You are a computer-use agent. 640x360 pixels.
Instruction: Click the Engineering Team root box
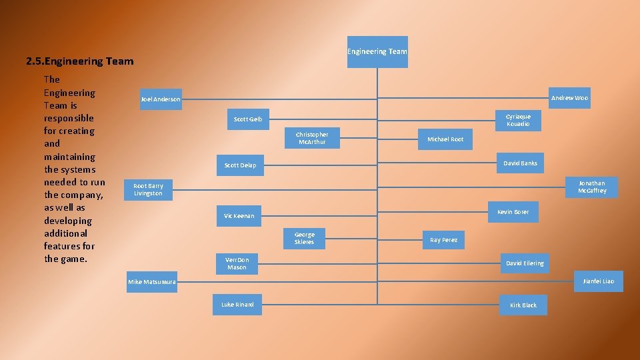click(x=377, y=52)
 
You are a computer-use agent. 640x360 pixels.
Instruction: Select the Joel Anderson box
click(x=161, y=99)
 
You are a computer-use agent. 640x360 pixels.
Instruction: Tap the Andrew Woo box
click(x=569, y=98)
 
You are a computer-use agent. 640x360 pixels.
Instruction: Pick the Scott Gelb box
click(x=248, y=119)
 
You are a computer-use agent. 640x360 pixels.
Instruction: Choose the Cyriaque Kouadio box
click(x=518, y=120)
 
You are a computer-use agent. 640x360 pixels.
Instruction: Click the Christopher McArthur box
click(x=312, y=138)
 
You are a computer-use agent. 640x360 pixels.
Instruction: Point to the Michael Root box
click(x=445, y=139)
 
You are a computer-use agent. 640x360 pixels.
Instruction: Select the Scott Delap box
click(x=240, y=165)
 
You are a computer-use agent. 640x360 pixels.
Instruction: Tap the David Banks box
click(x=520, y=163)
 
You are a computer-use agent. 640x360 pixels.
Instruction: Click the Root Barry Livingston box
click(x=148, y=189)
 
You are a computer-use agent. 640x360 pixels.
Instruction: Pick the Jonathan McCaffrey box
click(x=592, y=187)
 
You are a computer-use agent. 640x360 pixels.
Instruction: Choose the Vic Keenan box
click(x=239, y=216)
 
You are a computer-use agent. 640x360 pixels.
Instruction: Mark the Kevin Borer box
click(x=513, y=212)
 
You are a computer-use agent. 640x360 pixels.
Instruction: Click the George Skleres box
click(x=304, y=239)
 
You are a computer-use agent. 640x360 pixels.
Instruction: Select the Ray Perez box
click(x=443, y=240)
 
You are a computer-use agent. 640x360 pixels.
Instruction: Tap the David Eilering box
click(x=525, y=263)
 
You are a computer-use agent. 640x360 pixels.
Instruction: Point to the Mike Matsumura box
click(x=152, y=282)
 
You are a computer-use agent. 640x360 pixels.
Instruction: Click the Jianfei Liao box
click(x=598, y=281)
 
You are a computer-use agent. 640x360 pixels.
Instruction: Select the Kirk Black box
click(x=523, y=305)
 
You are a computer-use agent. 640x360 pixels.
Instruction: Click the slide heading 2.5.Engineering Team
click(x=80, y=61)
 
